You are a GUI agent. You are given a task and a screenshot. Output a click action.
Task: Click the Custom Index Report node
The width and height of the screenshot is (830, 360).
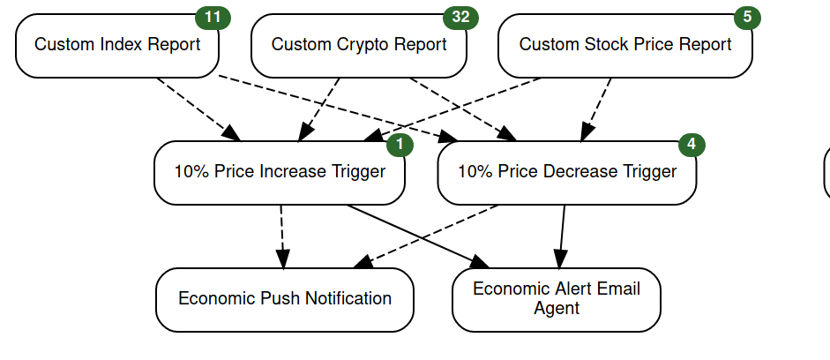117,46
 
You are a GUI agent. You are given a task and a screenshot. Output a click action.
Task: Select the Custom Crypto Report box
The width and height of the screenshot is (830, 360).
359,46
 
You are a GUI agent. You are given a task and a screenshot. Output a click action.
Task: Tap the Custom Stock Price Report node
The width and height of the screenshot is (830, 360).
625,46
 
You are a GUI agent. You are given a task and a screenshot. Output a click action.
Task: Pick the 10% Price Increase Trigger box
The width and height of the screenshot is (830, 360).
280,173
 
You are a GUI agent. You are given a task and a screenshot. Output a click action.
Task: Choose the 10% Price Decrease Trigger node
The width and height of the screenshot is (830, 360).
567,173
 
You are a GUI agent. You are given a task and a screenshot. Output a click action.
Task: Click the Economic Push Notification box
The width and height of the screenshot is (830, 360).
285,300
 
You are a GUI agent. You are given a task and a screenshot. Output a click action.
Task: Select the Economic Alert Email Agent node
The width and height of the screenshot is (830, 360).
557,300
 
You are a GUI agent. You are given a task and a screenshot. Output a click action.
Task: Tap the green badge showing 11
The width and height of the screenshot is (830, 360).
213,18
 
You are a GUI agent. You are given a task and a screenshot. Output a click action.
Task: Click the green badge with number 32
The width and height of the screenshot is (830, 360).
460,18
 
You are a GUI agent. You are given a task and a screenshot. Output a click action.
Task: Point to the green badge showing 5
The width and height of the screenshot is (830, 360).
747,18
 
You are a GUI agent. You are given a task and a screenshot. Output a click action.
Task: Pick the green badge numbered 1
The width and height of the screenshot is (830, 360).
400,145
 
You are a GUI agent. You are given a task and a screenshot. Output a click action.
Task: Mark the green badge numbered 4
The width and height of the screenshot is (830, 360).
692,145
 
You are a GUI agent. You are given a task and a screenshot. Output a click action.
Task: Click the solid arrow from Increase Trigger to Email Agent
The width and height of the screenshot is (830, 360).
419,236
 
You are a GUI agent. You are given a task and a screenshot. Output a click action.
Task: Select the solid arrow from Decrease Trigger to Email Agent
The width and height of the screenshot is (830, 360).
562,236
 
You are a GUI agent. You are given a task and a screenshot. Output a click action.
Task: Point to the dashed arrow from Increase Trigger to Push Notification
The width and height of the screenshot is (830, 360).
282,236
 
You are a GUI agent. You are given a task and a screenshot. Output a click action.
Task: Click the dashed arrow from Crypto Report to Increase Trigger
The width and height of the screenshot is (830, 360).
318,109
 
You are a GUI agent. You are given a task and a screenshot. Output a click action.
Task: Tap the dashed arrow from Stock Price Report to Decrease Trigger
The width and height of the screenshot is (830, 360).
596,109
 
